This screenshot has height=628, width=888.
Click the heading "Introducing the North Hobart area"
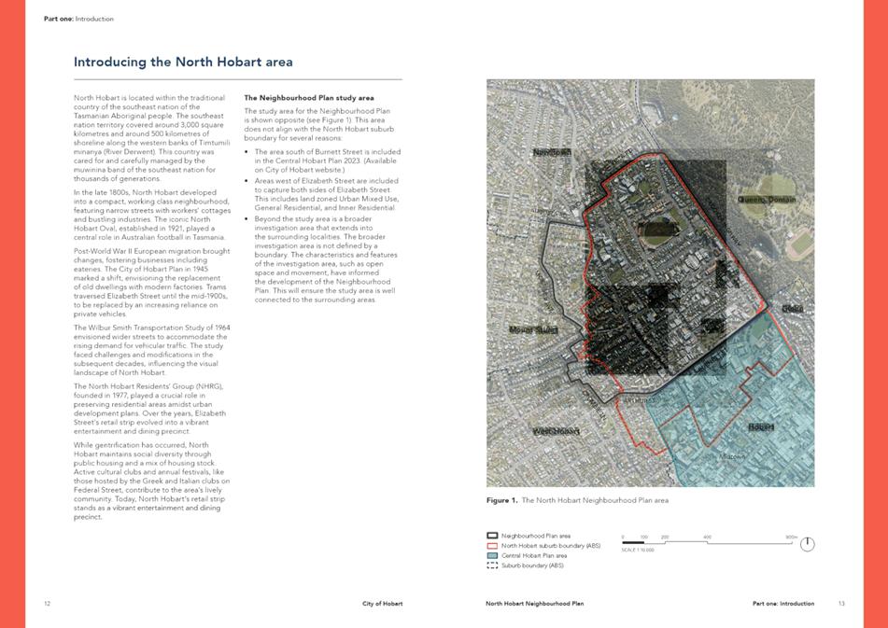pyautogui.click(x=183, y=63)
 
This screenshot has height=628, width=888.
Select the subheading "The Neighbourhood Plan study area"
pyautogui.click(x=308, y=97)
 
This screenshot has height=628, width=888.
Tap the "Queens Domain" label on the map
pyautogui.click(x=767, y=200)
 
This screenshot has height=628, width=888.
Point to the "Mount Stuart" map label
pyautogui.click(x=533, y=329)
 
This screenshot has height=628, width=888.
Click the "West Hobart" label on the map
pyautogui.click(x=556, y=431)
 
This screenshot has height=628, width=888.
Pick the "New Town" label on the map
pyautogui.click(x=551, y=152)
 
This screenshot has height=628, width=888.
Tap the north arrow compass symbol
pyautogui.click(x=808, y=544)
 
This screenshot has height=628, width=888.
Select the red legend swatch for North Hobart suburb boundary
pyautogui.click(x=492, y=546)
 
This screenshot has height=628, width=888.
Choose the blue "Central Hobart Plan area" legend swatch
pyautogui.click(x=492, y=555)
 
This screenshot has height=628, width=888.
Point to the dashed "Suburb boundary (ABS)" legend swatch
pyautogui.click(x=492, y=565)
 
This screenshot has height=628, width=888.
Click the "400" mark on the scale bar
pyautogui.click(x=707, y=537)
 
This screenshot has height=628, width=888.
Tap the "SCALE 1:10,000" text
pyautogui.click(x=638, y=551)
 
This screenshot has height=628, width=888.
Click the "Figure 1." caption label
pyautogui.click(x=501, y=500)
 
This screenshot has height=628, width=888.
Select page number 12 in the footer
pyautogui.click(x=47, y=604)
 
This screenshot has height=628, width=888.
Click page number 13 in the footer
pyautogui.click(x=841, y=604)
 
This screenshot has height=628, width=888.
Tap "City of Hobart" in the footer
pyautogui.click(x=383, y=604)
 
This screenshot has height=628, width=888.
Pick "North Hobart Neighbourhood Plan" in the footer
pyautogui.click(x=534, y=604)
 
